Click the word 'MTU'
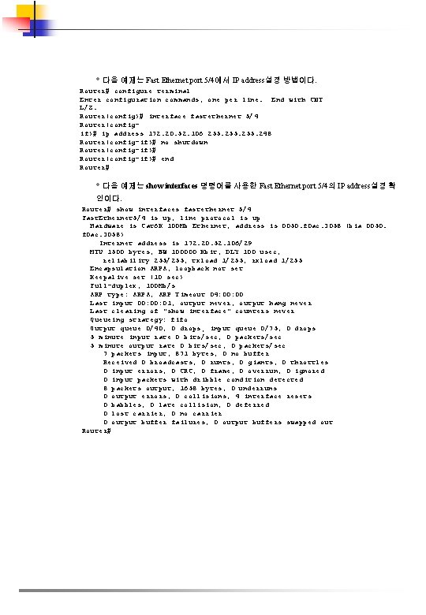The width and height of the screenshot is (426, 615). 96,251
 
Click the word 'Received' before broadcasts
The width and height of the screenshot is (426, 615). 119,362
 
